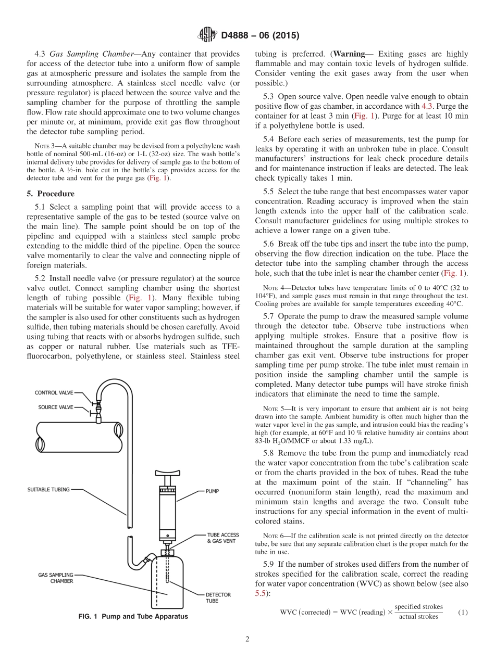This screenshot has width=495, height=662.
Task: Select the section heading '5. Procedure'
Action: (51, 194)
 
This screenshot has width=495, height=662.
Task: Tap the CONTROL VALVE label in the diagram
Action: (54, 392)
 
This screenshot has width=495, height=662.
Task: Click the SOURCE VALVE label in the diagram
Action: (56, 407)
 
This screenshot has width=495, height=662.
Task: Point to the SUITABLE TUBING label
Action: (48, 489)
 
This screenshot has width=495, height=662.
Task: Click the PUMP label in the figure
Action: (212, 491)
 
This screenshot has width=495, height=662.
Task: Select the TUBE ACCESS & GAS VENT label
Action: (224, 538)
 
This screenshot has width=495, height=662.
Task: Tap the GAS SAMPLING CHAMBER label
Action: (56, 578)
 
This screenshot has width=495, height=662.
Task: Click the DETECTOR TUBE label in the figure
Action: (218, 597)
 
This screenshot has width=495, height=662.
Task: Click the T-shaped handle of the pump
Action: (168, 475)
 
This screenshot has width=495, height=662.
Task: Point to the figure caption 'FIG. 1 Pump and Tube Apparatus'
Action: (133, 617)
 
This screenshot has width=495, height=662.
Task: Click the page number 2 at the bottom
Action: (247, 640)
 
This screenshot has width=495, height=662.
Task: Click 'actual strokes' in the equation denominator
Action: (418, 617)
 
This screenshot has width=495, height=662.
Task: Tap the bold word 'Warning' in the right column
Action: (349, 54)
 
